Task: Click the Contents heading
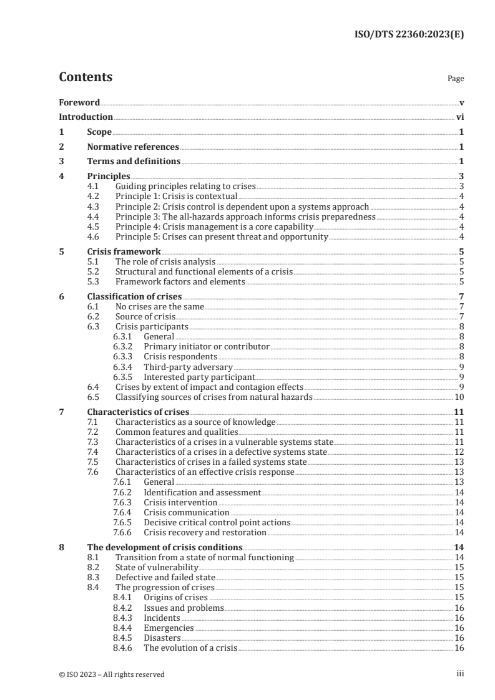coord(86,78)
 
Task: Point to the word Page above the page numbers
coord(456,79)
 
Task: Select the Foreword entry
coord(79,102)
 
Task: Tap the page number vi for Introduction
coord(459,117)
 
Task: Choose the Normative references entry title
coord(133,147)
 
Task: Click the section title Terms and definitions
coord(134,162)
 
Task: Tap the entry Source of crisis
coord(145,317)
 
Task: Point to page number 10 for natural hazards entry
coord(458,397)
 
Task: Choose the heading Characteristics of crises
coord(138,412)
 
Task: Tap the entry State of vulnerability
coord(157,567)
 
